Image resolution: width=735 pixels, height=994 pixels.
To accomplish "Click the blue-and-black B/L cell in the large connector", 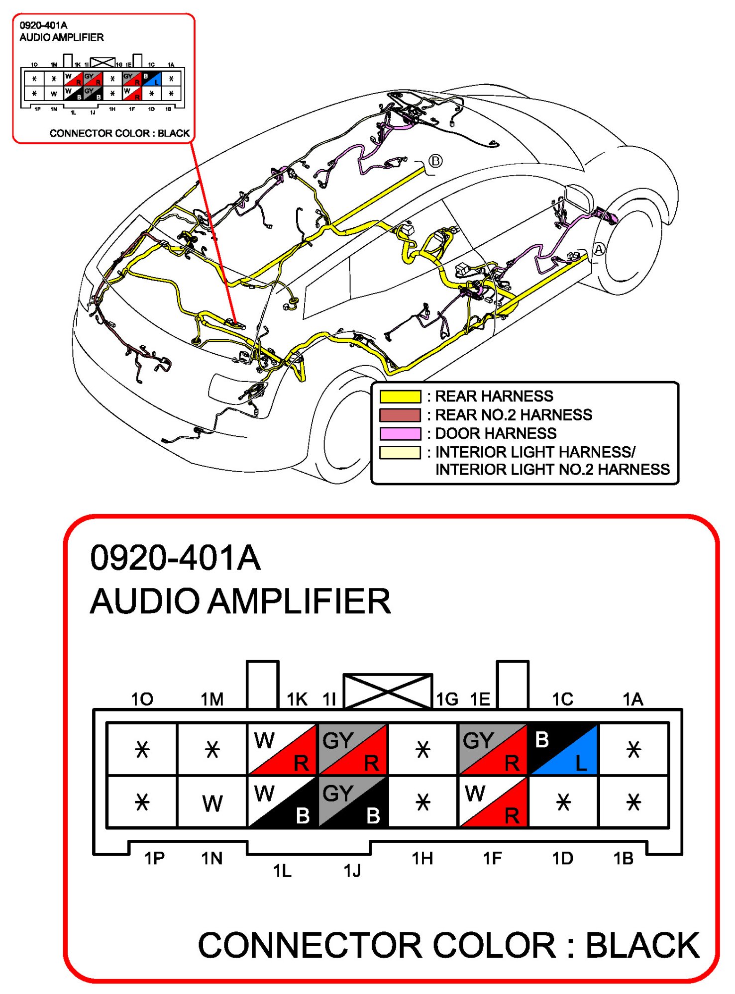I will tap(563, 749).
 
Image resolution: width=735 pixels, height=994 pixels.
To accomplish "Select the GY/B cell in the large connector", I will tap(352, 802).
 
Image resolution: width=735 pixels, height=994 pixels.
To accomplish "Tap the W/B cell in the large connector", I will tap(282, 802).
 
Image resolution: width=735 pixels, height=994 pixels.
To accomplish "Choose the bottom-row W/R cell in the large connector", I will tap(493, 802).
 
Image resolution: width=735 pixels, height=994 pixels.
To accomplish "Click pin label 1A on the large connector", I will tap(632, 699).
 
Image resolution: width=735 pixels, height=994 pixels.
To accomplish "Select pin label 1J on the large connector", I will tap(352, 871).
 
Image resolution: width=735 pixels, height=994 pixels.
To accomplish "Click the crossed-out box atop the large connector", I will tap(388, 691).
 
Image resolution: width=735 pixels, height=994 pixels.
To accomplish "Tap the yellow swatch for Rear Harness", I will tap(400, 397).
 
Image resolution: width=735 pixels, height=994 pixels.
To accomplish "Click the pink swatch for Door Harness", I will tap(400, 433).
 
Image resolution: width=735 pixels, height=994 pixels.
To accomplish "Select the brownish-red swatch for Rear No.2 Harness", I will tap(400, 415).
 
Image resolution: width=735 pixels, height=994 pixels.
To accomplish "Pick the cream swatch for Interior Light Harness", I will tap(400, 452).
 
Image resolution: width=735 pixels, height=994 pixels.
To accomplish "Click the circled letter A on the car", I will tap(599, 249).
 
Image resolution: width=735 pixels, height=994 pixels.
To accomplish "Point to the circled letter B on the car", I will tap(435, 161).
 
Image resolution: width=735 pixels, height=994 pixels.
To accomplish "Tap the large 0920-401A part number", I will tap(175, 558).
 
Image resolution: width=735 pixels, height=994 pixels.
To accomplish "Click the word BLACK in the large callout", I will tap(642, 945).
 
